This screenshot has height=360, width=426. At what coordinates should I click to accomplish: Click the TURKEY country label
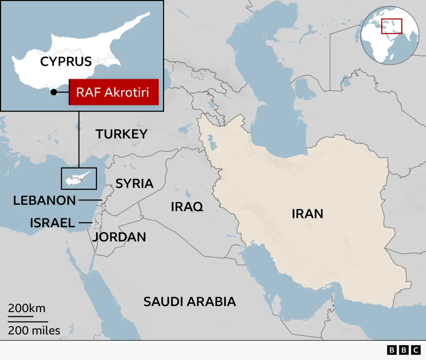[x=121, y=134]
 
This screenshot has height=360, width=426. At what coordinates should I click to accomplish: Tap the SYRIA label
[x=135, y=183]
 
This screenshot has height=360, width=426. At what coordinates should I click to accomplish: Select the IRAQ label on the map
[x=187, y=206]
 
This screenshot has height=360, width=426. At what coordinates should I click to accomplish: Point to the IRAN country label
[x=307, y=214]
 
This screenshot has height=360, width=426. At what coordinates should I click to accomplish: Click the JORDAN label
[x=119, y=237]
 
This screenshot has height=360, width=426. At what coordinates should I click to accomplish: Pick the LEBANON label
[x=44, y=200]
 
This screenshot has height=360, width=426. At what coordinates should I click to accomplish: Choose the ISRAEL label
[x=52, y=223]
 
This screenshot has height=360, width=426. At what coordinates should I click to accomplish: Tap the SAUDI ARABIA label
[x=190, y=302]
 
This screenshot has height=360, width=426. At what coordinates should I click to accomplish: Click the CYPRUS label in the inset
[x=66, y=61]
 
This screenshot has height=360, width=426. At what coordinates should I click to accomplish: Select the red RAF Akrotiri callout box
[x=114, y=92]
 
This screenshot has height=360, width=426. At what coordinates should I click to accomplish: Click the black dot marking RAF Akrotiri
[x=54, y=92]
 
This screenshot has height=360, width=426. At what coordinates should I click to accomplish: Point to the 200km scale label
[x=27, y=308]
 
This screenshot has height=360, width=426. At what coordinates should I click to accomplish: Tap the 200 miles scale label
[x=34, y=331]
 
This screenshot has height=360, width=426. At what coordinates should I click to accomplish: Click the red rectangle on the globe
[x=392, y=26]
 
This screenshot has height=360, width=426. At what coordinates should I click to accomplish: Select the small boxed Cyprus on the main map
[x=79, y=178]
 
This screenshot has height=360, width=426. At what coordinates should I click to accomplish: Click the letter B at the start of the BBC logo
[x=392, y=350]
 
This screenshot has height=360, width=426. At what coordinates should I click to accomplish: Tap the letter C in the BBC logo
[x=416, y=350]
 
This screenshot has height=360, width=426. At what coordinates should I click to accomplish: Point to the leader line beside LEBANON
[x=90, y=200]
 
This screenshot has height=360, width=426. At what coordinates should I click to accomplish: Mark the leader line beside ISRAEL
[x=85, y=223]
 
